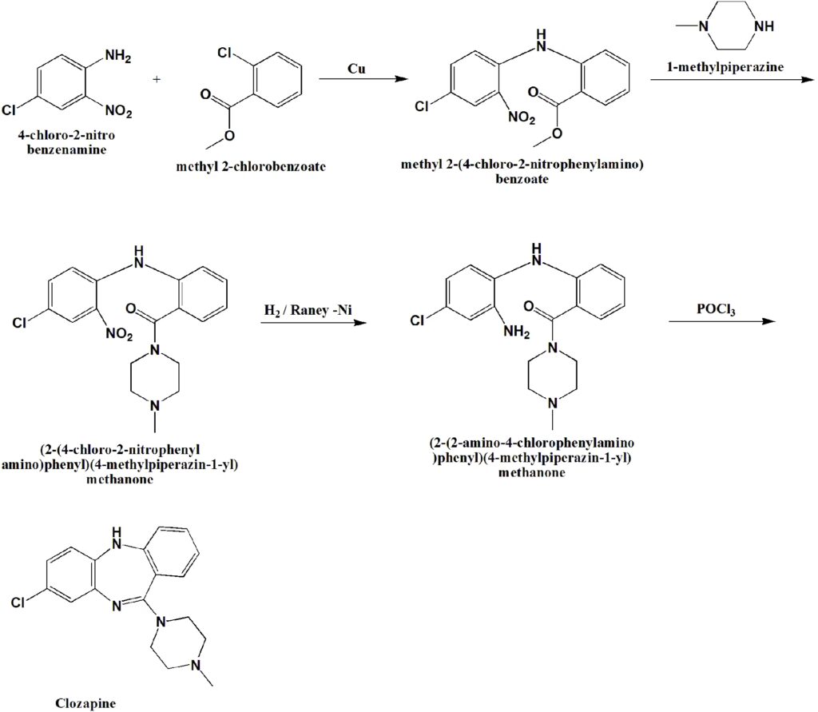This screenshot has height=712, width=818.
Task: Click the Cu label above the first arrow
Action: [356, 69]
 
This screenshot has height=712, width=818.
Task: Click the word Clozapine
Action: [85, 703]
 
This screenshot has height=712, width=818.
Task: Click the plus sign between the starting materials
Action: [157, 79]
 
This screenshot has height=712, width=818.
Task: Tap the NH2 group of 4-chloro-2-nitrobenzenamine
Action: [117, 57]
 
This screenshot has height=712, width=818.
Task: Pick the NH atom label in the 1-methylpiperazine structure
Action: [764, 26]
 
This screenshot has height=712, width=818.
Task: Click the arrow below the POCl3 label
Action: [722, 322]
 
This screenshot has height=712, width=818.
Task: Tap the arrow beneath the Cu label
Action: [356, 79]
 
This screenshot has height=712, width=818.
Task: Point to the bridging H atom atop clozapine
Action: [118, 529]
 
